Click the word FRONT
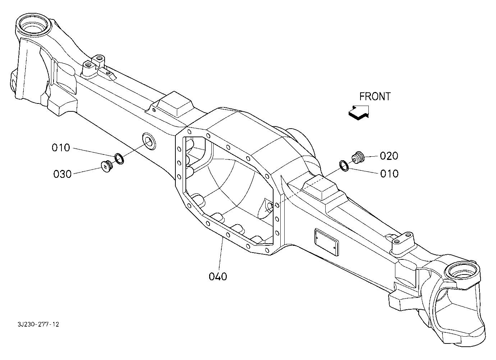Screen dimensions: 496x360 (375, 97)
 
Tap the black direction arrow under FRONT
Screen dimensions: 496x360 (359, 113)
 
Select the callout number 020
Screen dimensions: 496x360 (389, 156)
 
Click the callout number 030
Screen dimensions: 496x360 (63, 174)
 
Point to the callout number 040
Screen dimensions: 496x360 (218, 277)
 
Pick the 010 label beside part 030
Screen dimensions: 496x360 (61, 148)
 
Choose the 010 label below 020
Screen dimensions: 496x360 (389, 174)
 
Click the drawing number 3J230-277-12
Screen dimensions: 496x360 (38, 324)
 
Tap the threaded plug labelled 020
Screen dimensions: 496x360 (358, 157)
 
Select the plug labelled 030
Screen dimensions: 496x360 (107, 166)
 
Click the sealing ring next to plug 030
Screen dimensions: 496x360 (119, 158)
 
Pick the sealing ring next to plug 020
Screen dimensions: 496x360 (344, 166)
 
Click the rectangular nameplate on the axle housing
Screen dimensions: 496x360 (326, 242)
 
